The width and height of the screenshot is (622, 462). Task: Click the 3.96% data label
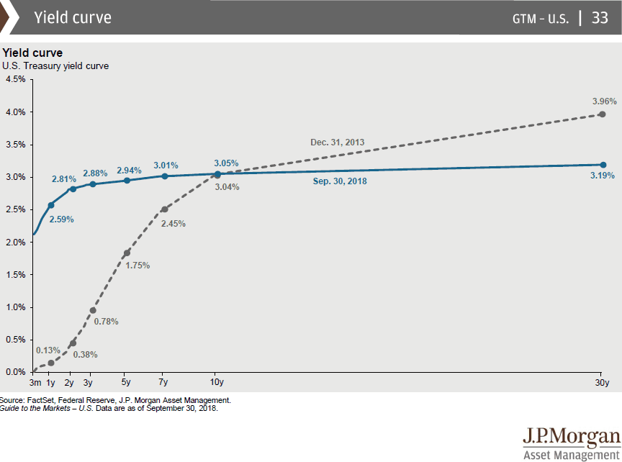point(603,100)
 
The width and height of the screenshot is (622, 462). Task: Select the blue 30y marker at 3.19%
point(603,165)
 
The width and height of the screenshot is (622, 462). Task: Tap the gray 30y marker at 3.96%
point(603,114)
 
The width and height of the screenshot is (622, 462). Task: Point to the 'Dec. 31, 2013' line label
point(338,142)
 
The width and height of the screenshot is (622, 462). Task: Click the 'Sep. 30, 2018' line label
point(340,181)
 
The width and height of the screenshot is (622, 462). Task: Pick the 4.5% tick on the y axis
point(15,79)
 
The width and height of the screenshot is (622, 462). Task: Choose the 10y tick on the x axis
point(217,382)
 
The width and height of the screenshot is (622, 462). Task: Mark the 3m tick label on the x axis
point(35,382)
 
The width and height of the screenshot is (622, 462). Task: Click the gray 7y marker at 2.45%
point(164,209)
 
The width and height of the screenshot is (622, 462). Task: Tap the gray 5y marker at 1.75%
point(127,253)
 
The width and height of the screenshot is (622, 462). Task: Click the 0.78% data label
point(106,321)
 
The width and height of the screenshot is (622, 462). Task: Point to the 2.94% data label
point(129,170)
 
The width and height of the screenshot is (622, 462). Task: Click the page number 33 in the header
point(600,18)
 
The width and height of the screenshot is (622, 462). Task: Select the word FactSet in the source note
point(40,399)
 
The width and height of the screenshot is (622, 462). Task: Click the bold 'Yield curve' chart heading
point(32,53)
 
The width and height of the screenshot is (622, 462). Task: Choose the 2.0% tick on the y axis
point(15,242)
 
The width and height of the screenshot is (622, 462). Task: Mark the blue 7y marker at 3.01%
point(164,176)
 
